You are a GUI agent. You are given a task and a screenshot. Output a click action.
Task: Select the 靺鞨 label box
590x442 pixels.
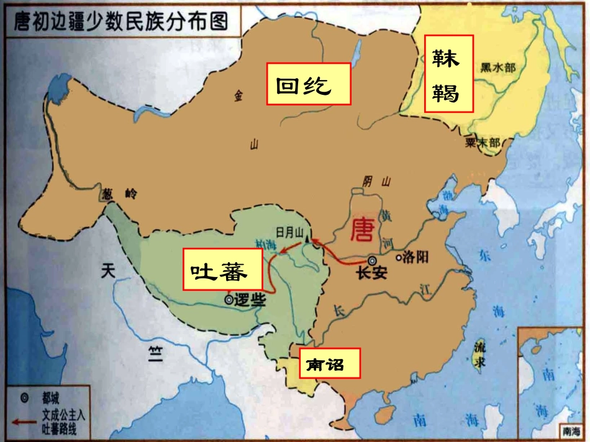click(448, 73)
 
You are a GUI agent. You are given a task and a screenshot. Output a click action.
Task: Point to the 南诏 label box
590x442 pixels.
click(330, 363)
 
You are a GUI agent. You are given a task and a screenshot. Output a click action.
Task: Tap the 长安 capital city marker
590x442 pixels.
click(372, 261)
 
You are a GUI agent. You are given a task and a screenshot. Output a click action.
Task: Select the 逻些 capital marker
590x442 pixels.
click(229, 299)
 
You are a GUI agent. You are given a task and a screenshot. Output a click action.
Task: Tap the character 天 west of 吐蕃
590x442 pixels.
click(109, 270)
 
